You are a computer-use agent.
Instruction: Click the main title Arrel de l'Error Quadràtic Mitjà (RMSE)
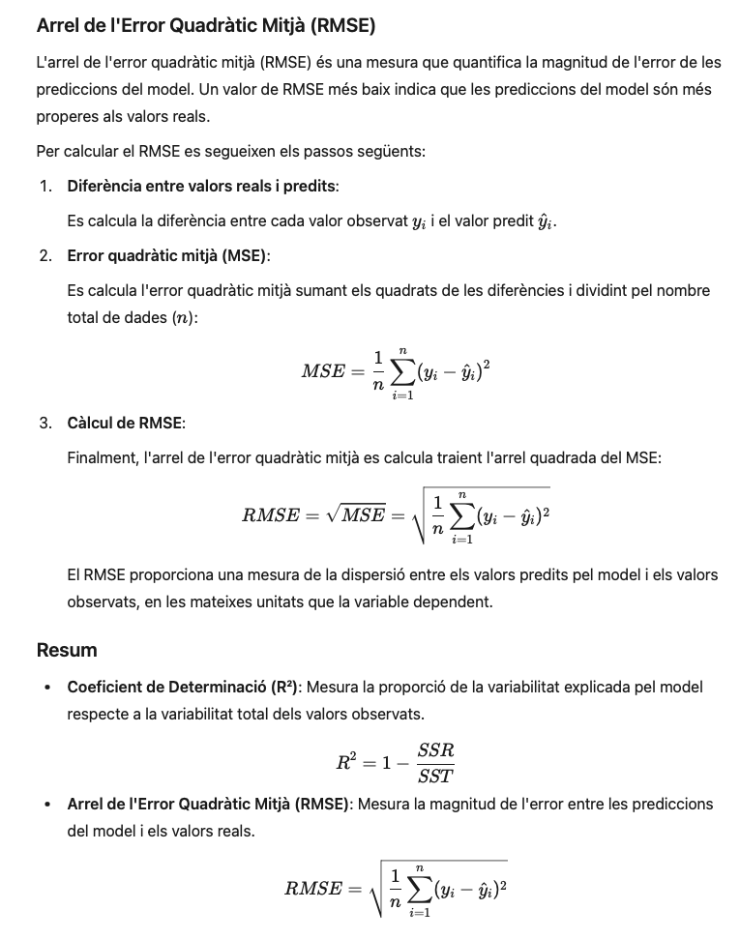(205, 24)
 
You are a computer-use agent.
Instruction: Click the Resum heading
(67, 649)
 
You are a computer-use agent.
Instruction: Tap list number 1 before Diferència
(45, 185)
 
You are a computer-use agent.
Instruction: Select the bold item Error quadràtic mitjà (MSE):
(168, 255)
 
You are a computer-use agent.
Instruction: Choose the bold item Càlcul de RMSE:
(126, 423)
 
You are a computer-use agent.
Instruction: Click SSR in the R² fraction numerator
(435, 750)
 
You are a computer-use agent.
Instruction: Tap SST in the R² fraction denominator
(435, 775)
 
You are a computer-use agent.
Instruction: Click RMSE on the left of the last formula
(311, 888)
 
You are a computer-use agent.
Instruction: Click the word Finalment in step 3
(101, 457)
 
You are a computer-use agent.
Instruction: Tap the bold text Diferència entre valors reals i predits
(201, 185)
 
